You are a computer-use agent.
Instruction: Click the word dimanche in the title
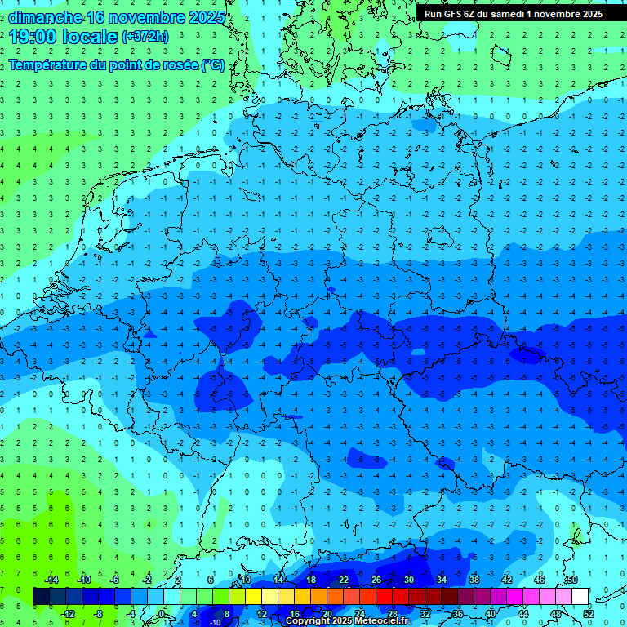coord(45,16)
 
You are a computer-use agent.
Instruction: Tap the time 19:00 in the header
coord(32,36)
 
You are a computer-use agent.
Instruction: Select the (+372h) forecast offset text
coord(145,36)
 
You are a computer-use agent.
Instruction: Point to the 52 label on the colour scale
coord(588,614)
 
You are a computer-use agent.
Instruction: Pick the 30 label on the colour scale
coord(408,580)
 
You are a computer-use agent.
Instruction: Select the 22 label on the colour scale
coord(343,580)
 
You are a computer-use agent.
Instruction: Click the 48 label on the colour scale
coord(555,614)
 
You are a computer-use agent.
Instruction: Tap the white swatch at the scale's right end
coord(580,597)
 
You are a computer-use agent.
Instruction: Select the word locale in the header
coord(88,36)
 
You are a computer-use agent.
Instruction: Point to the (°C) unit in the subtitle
coord(214,65)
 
